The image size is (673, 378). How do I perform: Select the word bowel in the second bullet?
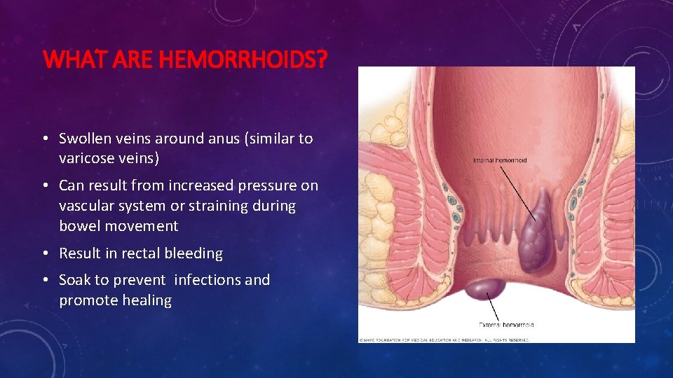[x=79, y=225]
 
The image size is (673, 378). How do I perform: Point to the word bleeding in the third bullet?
[x=192, y=253]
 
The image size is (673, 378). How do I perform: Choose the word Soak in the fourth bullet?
[x=75, y=280]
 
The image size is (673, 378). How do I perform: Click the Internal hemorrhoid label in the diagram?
[x=500, y=160]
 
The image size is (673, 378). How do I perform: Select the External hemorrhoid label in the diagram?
[x=506, y=325]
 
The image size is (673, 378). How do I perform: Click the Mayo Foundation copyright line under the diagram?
[x=444, y=339]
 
